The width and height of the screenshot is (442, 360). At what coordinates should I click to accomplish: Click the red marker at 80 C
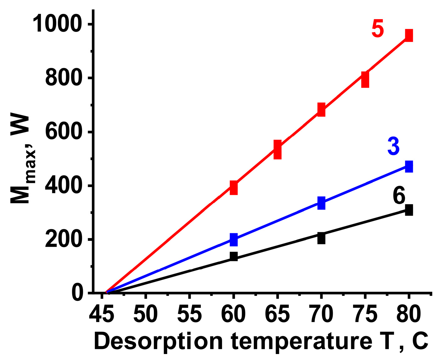coord(409,35)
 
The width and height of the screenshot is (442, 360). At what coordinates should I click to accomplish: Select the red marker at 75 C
coord(365,79)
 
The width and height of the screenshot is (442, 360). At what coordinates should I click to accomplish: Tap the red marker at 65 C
coord(277,150)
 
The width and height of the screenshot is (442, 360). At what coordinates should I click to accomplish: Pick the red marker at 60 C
coord(233,188)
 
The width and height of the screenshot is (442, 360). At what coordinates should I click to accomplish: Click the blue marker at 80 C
coord(409,166)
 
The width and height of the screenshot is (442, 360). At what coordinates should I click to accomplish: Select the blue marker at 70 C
coord(321,203)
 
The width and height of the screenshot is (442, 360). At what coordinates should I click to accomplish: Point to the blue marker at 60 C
coord(233,240)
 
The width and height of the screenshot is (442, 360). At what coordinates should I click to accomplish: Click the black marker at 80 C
coord(409,210)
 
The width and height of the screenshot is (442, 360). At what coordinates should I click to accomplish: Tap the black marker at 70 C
coord(321,238)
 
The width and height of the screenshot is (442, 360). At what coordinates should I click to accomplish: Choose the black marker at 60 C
coord(233,256)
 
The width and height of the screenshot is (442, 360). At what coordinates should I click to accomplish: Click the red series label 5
coord(378,29)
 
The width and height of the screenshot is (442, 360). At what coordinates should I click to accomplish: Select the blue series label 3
coord(393,146)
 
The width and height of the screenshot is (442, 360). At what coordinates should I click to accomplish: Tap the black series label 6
coord(399,196)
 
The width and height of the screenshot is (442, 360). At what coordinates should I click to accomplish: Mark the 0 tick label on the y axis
coord(78,293)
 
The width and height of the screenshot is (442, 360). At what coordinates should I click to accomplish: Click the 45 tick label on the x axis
coord(101,314)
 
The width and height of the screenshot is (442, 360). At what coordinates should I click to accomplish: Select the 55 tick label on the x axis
coord(189,314)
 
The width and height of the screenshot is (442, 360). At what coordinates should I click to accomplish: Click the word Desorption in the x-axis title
coord(159,342)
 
